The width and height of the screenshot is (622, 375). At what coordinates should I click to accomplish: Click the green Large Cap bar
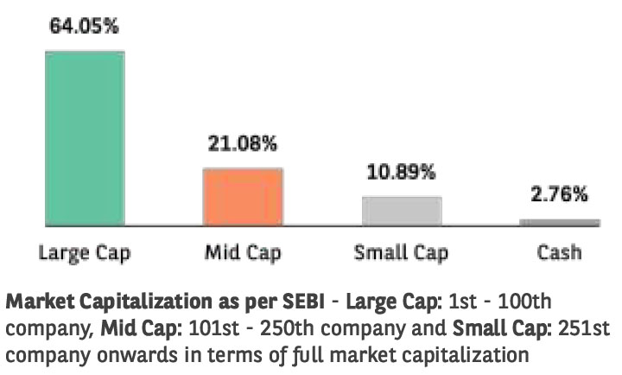pyautogui.click(x=85, y=138)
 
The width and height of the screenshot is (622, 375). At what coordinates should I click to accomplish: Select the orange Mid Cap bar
pyautogui.click(x=243, y=196)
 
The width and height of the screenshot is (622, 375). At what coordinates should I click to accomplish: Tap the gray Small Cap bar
pyautogui.click(x=402, y=211)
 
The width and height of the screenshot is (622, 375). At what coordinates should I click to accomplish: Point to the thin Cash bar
pyautogui.click(x=559, y=222)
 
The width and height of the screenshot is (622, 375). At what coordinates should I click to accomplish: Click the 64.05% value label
pyautogui.click(x=84, y=27)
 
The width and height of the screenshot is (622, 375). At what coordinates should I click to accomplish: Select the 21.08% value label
pyautogui.click(x=242, y=143)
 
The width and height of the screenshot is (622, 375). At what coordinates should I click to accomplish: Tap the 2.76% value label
pyautogui.click(x=559, y=194)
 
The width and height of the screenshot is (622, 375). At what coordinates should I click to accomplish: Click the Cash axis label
pyautogui.click(x=559, y=253)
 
